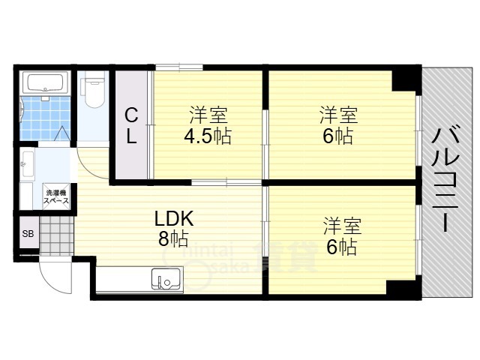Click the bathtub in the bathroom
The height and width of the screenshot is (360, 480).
(45, 82)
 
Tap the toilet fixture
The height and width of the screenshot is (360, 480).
(94, 91)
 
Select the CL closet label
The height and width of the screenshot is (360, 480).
(131, 126)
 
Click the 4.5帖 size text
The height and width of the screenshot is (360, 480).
(208, 136)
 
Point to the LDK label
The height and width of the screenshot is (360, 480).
(174, 219)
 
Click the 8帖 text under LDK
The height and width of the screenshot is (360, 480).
(173, 239)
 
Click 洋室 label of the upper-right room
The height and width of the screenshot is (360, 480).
(338, 116)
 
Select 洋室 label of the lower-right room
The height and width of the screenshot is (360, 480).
(343, 226)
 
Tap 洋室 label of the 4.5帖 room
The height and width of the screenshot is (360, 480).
(208, 116)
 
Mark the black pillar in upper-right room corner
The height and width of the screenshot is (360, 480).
(406, 79)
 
